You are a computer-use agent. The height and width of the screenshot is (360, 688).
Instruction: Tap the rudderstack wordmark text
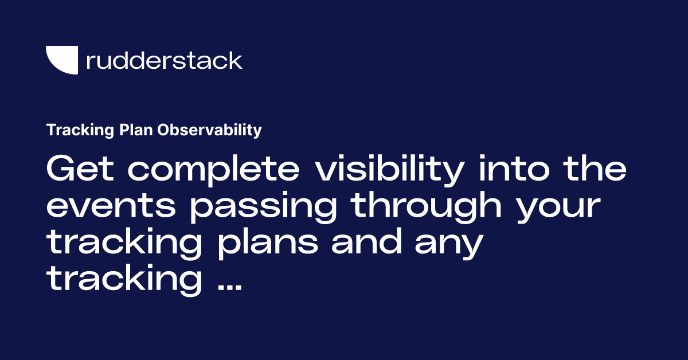coord(164,60)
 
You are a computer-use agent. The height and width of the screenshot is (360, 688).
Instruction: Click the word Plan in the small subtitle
coord(138,131)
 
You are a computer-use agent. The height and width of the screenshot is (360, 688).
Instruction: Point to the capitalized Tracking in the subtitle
coord(81,131)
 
